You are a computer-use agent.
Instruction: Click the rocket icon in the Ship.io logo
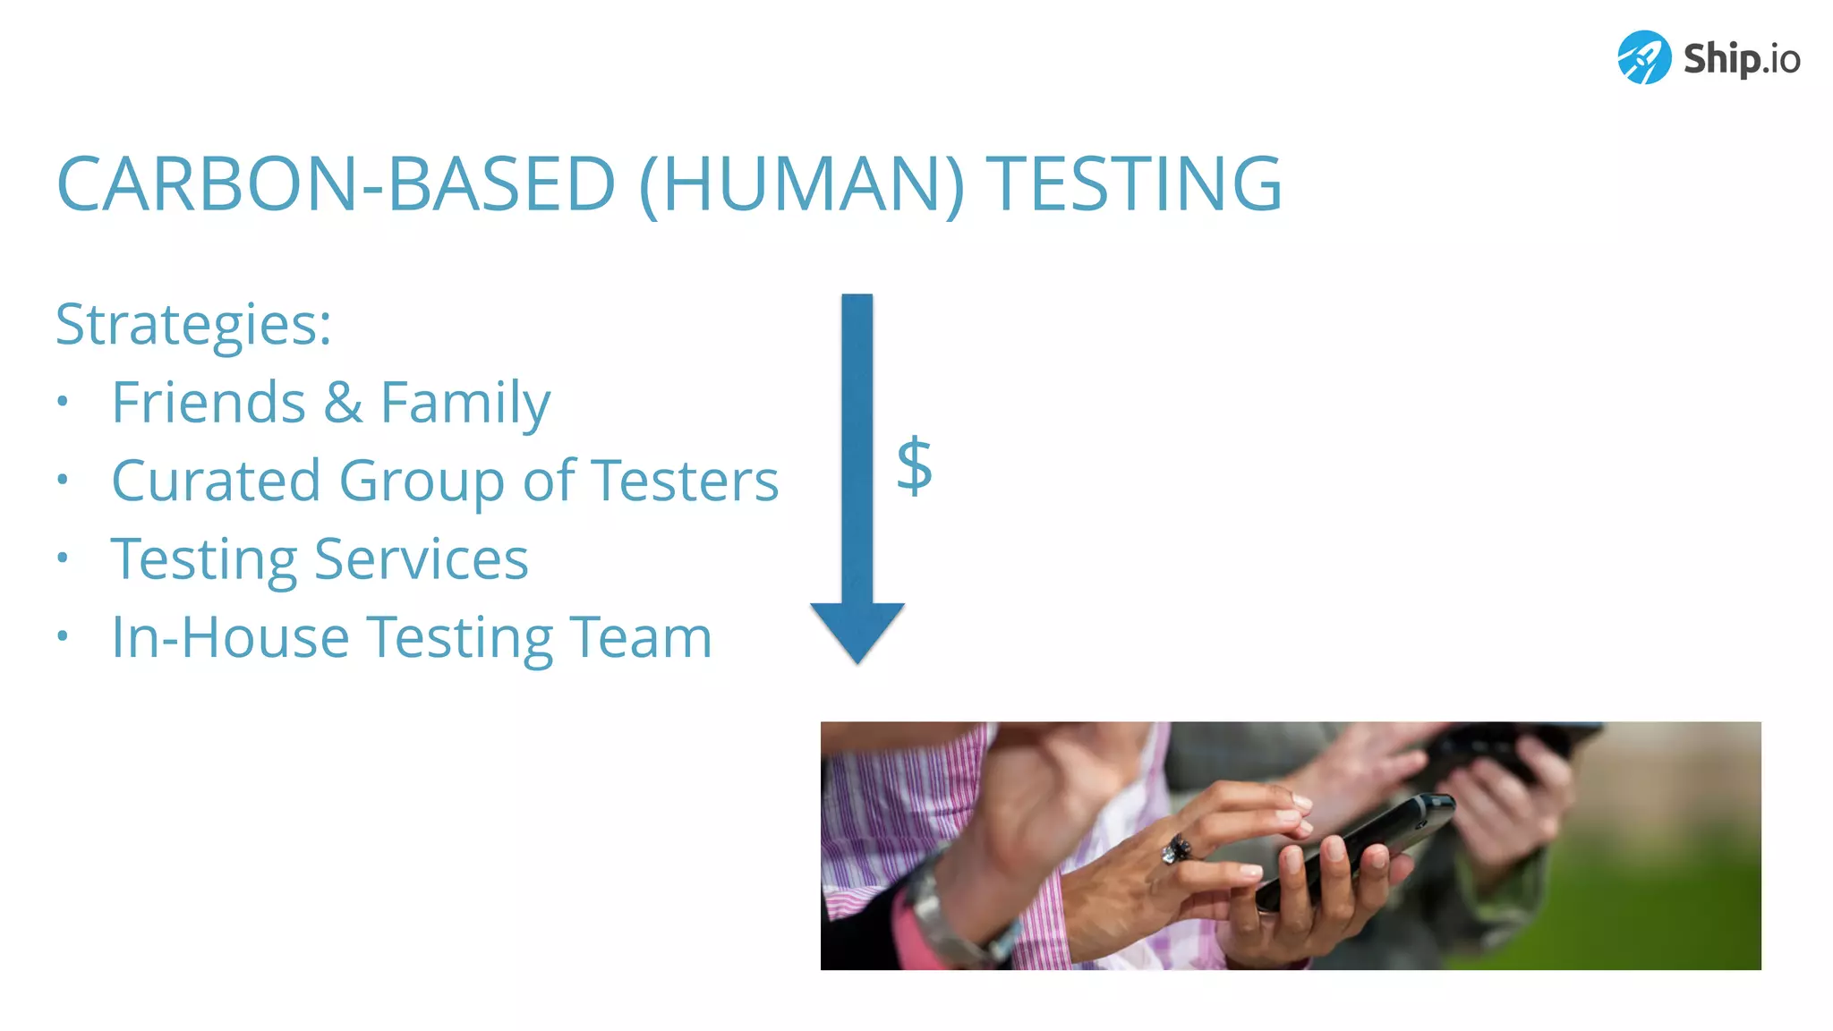[x=1643, y=57]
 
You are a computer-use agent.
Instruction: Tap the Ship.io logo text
[x=1741, y=59]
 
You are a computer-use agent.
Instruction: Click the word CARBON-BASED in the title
[x=336, y=184]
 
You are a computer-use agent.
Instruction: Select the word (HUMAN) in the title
[x=802, y=184]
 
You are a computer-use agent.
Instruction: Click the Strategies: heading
[x=193, y=324]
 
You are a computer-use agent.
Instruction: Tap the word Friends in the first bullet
[x=209, y=403]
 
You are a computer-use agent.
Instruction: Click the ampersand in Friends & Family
[x=343, y=403]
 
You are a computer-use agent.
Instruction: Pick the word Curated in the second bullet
[x=216, y=481]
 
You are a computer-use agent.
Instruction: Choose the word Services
[x=422, y=559]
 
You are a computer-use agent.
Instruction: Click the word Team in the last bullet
[x=641, y=638]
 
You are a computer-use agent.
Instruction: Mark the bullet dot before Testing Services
[x=62, y=558]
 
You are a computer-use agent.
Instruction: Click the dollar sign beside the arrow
[x=914, y=465]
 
